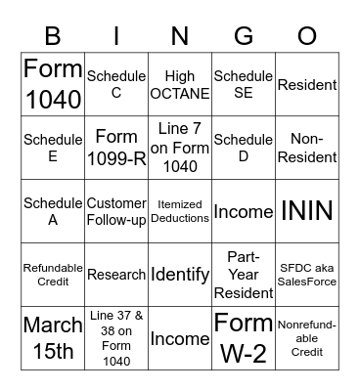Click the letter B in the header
(53, 36)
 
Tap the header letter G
(244, 36)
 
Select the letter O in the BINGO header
(307, 36)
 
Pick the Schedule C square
(116, 85)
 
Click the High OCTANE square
(180, 85)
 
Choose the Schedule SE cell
(244, 85)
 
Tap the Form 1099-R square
(116, 149)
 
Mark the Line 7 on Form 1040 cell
(180, 149)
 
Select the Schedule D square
(244, 149)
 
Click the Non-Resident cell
(307, 149)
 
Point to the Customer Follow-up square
(116, 211)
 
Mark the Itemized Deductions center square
(180, 211)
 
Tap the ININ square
(307, 211)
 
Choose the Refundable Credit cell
(53, 275)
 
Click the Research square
(116, 275)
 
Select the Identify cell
(180, 275)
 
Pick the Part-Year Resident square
(244, 275)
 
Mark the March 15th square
(53, 338)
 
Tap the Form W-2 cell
(244, 338)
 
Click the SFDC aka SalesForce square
(307, 275)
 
